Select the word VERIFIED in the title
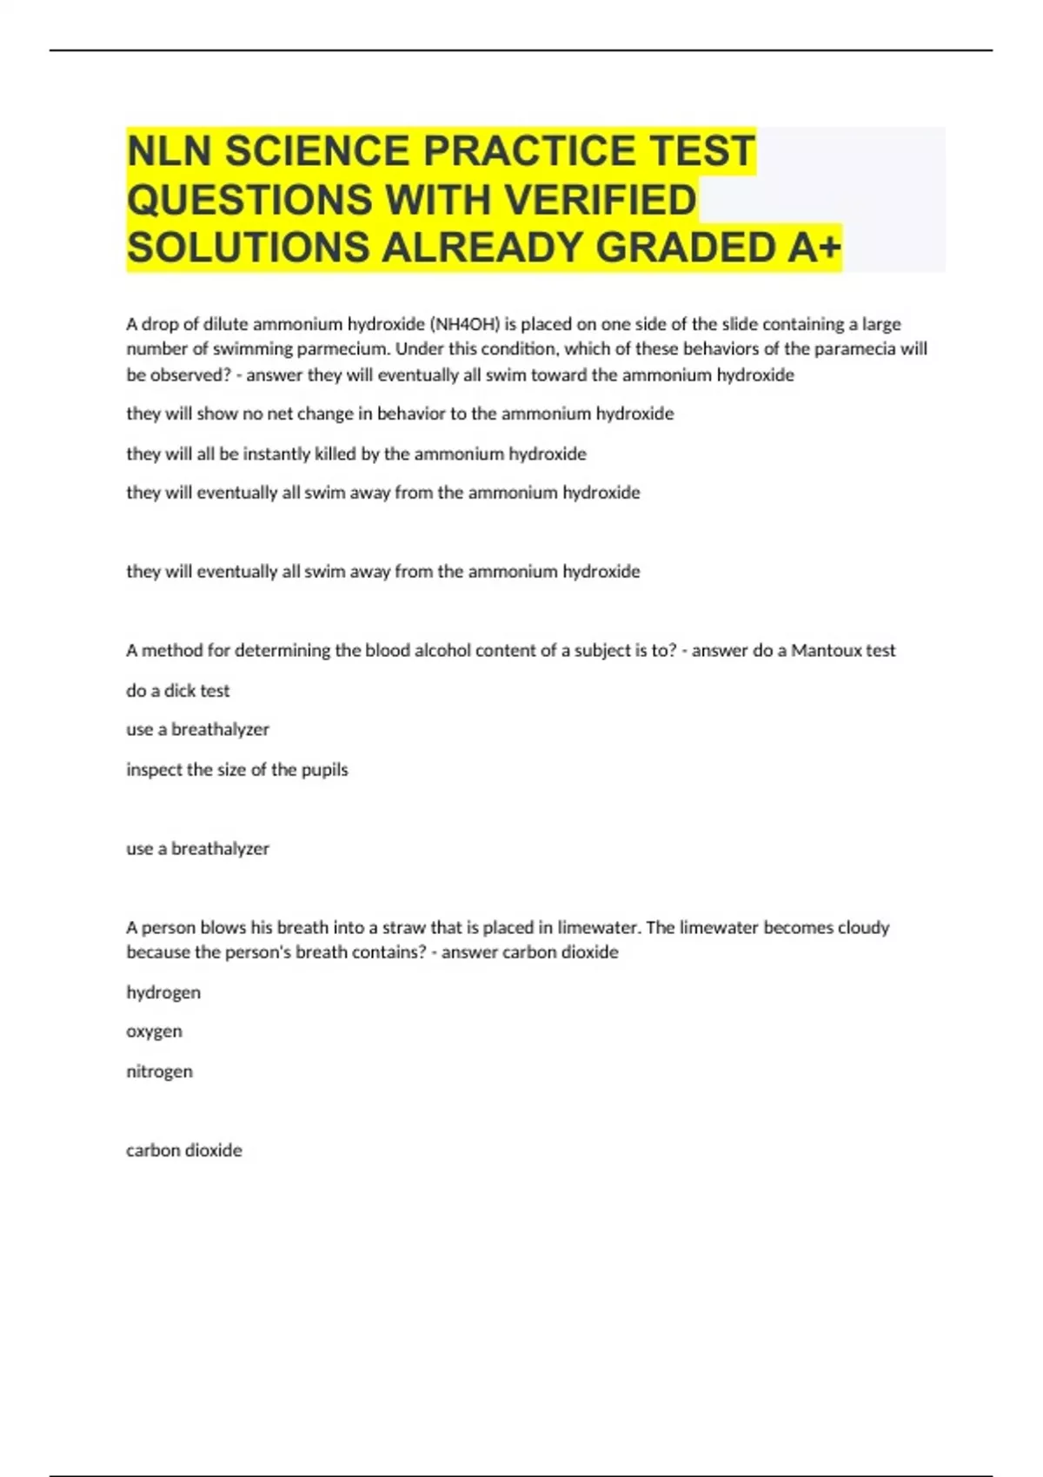tap(601, 200)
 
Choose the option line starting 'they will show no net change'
tap(400, 414)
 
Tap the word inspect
tap(153, 770)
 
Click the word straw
tap(404, 927)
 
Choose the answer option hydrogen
tap(163, 992)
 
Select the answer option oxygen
tap(154, 1031)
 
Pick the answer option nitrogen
tap(159, 1071)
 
